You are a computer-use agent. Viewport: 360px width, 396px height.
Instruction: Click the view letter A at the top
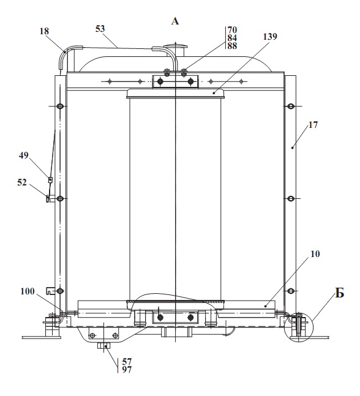[175, 21]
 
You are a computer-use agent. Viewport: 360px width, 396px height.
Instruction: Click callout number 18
[44, 31]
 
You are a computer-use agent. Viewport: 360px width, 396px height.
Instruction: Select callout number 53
[100, 29]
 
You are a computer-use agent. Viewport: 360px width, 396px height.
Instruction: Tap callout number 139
[270, 37]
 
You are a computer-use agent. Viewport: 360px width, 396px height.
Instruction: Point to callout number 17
[313, 125]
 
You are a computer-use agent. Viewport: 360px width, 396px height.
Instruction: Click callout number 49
[24, 155]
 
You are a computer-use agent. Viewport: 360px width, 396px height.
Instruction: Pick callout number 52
[22, 182]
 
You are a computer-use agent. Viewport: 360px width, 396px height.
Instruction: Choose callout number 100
[28, 291]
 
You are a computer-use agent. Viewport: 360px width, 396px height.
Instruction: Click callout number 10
[315, 254]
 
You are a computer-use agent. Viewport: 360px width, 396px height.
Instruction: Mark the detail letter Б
[340, 293]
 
